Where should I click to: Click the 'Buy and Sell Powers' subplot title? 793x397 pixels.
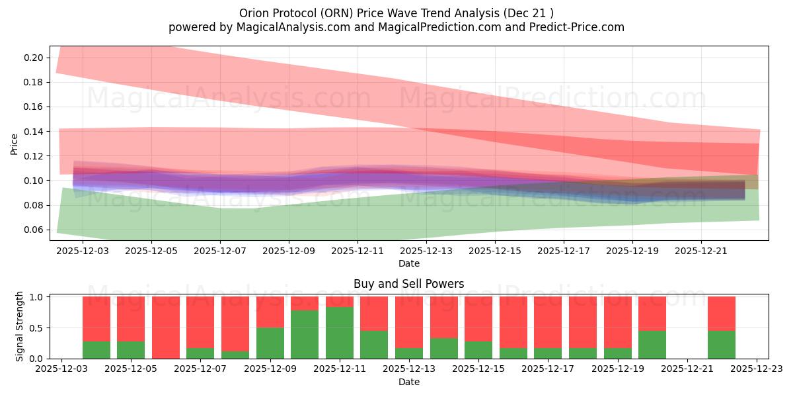pyautogui.click(x=408, y=284)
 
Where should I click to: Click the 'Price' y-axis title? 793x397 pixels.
pyautogui.click(x=15, y=144)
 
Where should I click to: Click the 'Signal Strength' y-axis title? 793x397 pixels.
pyautogui.click(x=20, y=326)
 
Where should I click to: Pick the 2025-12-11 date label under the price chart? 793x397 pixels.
pyautogui.click(x=358, y=251)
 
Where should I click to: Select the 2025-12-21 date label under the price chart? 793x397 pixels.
pyautogui.click(x=701, y=251)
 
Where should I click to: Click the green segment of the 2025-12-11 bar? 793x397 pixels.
pyautogui.click(x=340, y=333)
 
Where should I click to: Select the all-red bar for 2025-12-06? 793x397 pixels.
pyautogui.click(x=166, y=328)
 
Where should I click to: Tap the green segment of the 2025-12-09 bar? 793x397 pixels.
pyautogui.click(x=270, y=343)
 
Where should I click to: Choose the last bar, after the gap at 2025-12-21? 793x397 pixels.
pyautogui.click(x=722, y=328)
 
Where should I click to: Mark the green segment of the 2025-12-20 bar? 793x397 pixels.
pyautogui.click(x=652, y=344)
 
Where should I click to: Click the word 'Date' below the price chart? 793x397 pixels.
pyautogui.click(x=408, y=263)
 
